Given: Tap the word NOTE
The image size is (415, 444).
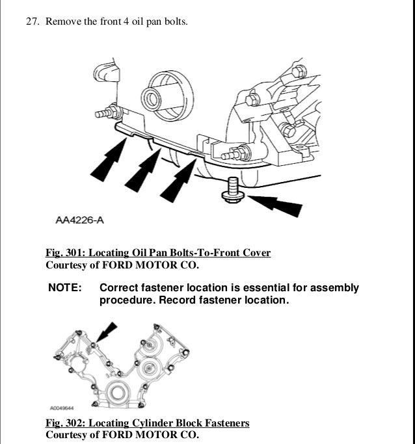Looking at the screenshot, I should (x=66, y=288).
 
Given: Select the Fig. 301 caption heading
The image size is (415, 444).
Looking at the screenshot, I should (x=158, y=252).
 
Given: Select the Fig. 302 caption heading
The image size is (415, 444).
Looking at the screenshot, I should (x=147, y=423).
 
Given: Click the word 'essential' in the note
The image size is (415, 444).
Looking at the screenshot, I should (x=274, y=288).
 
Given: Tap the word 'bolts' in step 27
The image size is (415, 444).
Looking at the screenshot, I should (x=173, y=22).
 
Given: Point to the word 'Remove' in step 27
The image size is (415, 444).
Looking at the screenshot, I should (x=62, y=22).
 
